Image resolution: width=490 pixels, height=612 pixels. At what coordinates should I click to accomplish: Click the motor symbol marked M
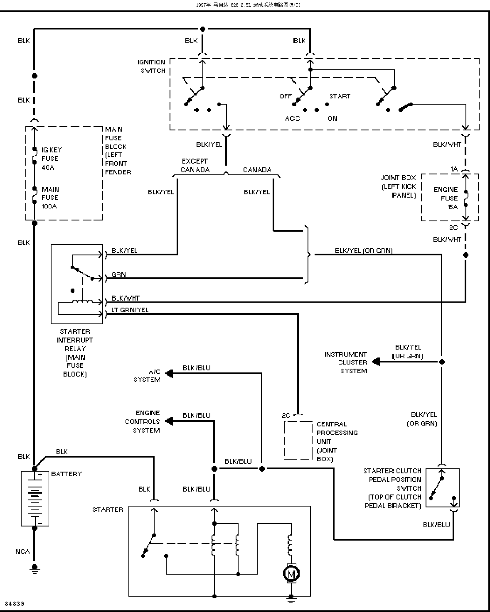291,573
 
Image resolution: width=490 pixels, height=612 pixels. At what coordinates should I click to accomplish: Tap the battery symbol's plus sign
40,475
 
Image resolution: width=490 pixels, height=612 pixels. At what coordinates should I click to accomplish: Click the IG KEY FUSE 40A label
52,159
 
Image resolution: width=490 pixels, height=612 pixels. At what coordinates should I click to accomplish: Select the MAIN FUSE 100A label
50,198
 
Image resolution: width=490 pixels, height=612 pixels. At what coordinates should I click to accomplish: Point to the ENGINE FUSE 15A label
446,198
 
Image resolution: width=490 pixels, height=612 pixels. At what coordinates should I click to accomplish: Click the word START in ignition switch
340,96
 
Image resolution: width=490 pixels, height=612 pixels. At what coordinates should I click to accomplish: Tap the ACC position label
293,118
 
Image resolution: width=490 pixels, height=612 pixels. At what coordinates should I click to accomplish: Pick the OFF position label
285,96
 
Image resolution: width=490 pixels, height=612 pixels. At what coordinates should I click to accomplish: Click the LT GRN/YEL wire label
130,310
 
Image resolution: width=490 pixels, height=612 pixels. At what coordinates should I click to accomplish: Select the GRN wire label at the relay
118,274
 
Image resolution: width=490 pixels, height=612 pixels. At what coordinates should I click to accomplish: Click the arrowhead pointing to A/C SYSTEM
169,373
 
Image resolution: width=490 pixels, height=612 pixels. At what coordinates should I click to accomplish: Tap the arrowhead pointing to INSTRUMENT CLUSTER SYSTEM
376,362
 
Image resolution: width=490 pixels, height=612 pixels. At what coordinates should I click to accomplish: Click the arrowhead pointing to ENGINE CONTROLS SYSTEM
169,421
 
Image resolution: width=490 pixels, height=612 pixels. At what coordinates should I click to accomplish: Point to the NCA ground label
22,552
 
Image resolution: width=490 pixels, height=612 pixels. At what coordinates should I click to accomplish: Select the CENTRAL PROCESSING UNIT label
337,441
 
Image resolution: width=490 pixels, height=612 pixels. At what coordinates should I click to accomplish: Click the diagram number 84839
15,604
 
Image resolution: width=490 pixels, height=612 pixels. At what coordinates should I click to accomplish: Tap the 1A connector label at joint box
454,169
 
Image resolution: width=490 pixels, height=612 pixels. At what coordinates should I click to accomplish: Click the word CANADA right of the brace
257,170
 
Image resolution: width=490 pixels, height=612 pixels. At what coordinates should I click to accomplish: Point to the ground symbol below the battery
34,569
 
